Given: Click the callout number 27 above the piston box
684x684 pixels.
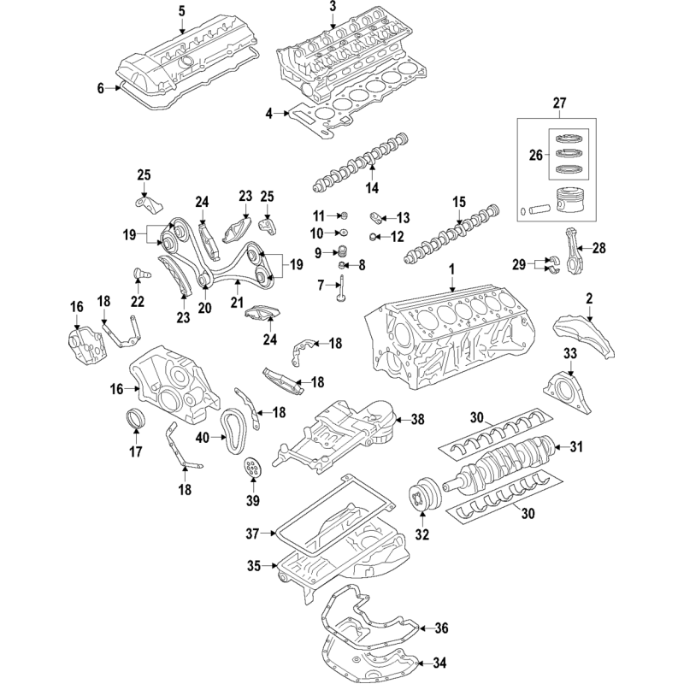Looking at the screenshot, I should coord(560,103).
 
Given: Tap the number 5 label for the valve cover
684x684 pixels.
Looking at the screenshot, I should coord(181,10).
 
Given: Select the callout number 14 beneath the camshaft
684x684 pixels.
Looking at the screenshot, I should coord(371,187).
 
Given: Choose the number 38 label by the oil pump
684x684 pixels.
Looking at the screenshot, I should coord(417,420).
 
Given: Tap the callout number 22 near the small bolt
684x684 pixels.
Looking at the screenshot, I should coord(138,301).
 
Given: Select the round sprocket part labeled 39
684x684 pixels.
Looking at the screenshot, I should coord(251,469).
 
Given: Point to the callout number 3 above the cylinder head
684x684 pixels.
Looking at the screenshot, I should coord(333,7).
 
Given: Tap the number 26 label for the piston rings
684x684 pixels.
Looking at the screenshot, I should coord(537,155).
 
